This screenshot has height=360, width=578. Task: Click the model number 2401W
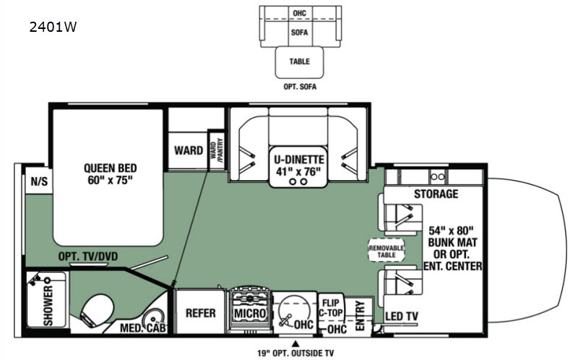54,27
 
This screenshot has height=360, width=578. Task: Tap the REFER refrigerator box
201,312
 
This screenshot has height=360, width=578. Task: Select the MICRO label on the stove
250,313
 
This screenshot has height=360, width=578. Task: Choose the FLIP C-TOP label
332,307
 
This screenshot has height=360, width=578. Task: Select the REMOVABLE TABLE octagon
387,251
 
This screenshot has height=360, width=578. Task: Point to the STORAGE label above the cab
436,194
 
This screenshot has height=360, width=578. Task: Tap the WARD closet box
188,150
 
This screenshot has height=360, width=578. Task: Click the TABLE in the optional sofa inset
299,62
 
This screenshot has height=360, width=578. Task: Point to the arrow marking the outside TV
295,343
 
